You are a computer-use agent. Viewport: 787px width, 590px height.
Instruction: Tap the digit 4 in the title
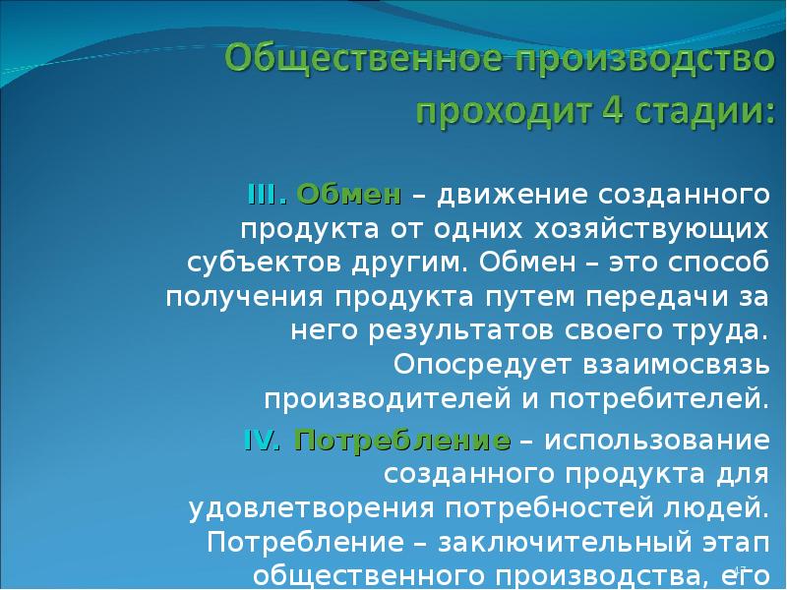click(x=589, y=108)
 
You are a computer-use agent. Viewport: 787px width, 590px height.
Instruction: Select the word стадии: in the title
click(x=688, y=108)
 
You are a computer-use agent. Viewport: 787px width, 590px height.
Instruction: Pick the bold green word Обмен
click(x=348, y=193)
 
